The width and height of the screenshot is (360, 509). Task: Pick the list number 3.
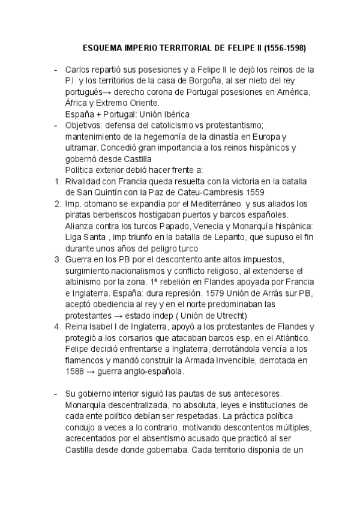(56, 259)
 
